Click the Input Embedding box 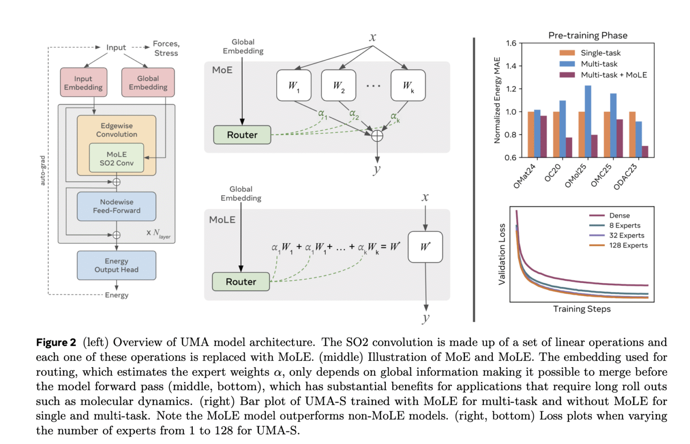(x=84, y=83)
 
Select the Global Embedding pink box (x=148, y=83)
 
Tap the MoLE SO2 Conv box (x=116, y=158)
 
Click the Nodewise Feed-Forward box (x=116, y=206)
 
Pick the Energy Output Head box (x=116, y=265)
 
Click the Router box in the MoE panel (x=242, y=135)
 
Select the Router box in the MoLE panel (x=241, y=281)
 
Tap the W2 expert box (x=339, y=85)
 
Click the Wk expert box (x=408, y=85)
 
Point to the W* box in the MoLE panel (x=425, y=247)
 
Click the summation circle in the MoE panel (x=377, y=136)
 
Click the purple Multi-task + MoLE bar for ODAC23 (x=645, y=152)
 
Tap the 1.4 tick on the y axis (x=511, y=66)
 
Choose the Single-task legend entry (x=600, y=53)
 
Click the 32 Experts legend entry (x=626, y=235)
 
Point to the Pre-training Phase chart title (x=588, y=35)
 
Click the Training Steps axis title (x=582, y=309)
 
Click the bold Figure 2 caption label (x=56, y=343)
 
